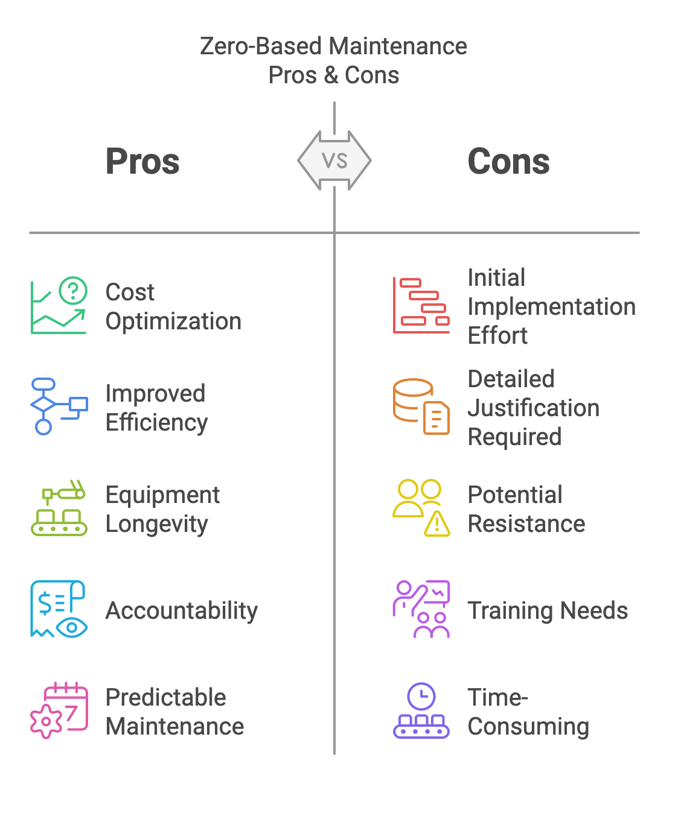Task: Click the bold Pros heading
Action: coord(142,161)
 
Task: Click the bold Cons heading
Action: coord(508,161)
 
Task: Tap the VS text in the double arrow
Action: coord(334,160)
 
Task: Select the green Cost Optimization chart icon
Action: coord(59,305)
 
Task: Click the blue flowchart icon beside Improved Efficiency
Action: coord(59,406)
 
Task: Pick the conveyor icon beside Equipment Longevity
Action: coord(59,508)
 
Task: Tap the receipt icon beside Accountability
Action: coord(59,609)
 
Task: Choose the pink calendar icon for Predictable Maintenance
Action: coord(59,710)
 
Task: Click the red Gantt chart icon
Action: coord(421,305)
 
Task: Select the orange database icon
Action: coord(421,406)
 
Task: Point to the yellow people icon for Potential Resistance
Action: coord(421,508)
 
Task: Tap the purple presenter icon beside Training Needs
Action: coord(421,609)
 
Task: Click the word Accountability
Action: coord(182,610)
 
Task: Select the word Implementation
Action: coord(552,306)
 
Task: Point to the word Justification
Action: coord(534,408)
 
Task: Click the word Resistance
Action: coord(526,524)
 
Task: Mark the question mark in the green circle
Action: coord(73,291)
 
